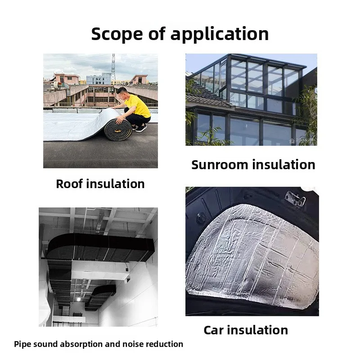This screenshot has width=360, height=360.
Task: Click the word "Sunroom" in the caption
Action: pos(220,165)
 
